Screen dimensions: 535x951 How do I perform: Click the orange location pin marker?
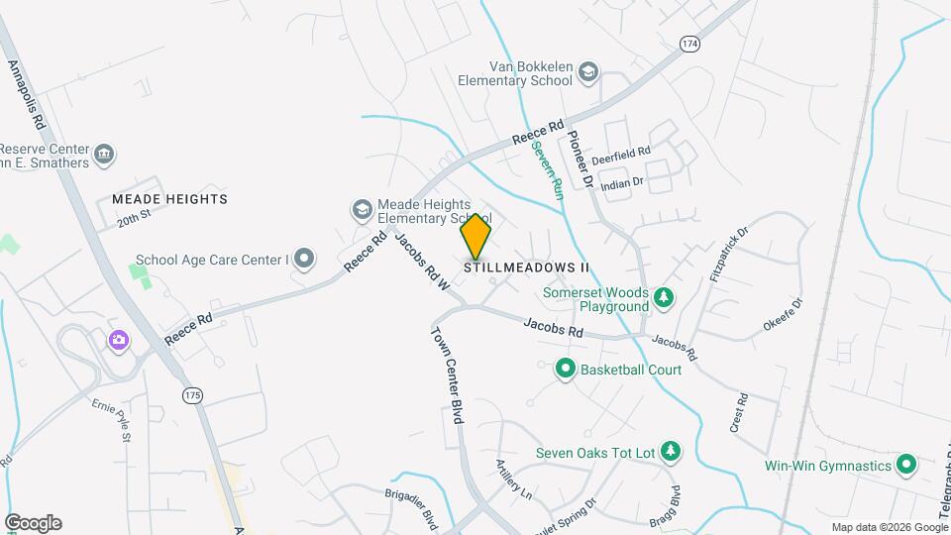(475, 237)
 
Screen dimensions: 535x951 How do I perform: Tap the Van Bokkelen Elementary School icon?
(588, 71)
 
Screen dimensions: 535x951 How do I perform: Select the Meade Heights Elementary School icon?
(362, 209)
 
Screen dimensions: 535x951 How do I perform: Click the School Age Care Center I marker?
(304, 260)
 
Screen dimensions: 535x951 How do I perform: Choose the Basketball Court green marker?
(565, 370)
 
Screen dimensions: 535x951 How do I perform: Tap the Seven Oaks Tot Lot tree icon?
(671, 452)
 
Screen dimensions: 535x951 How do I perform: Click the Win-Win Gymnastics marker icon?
(905, 464)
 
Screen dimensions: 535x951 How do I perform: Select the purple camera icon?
(119, 341)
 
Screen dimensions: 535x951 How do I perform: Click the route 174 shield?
(689, 44)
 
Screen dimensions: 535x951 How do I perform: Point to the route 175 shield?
(192, 395)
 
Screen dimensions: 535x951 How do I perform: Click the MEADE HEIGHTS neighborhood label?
(169, 199)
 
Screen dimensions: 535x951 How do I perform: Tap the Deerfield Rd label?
(620, 156)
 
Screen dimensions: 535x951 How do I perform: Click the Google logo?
(33, 523)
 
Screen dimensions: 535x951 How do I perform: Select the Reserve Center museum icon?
(105, 155)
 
